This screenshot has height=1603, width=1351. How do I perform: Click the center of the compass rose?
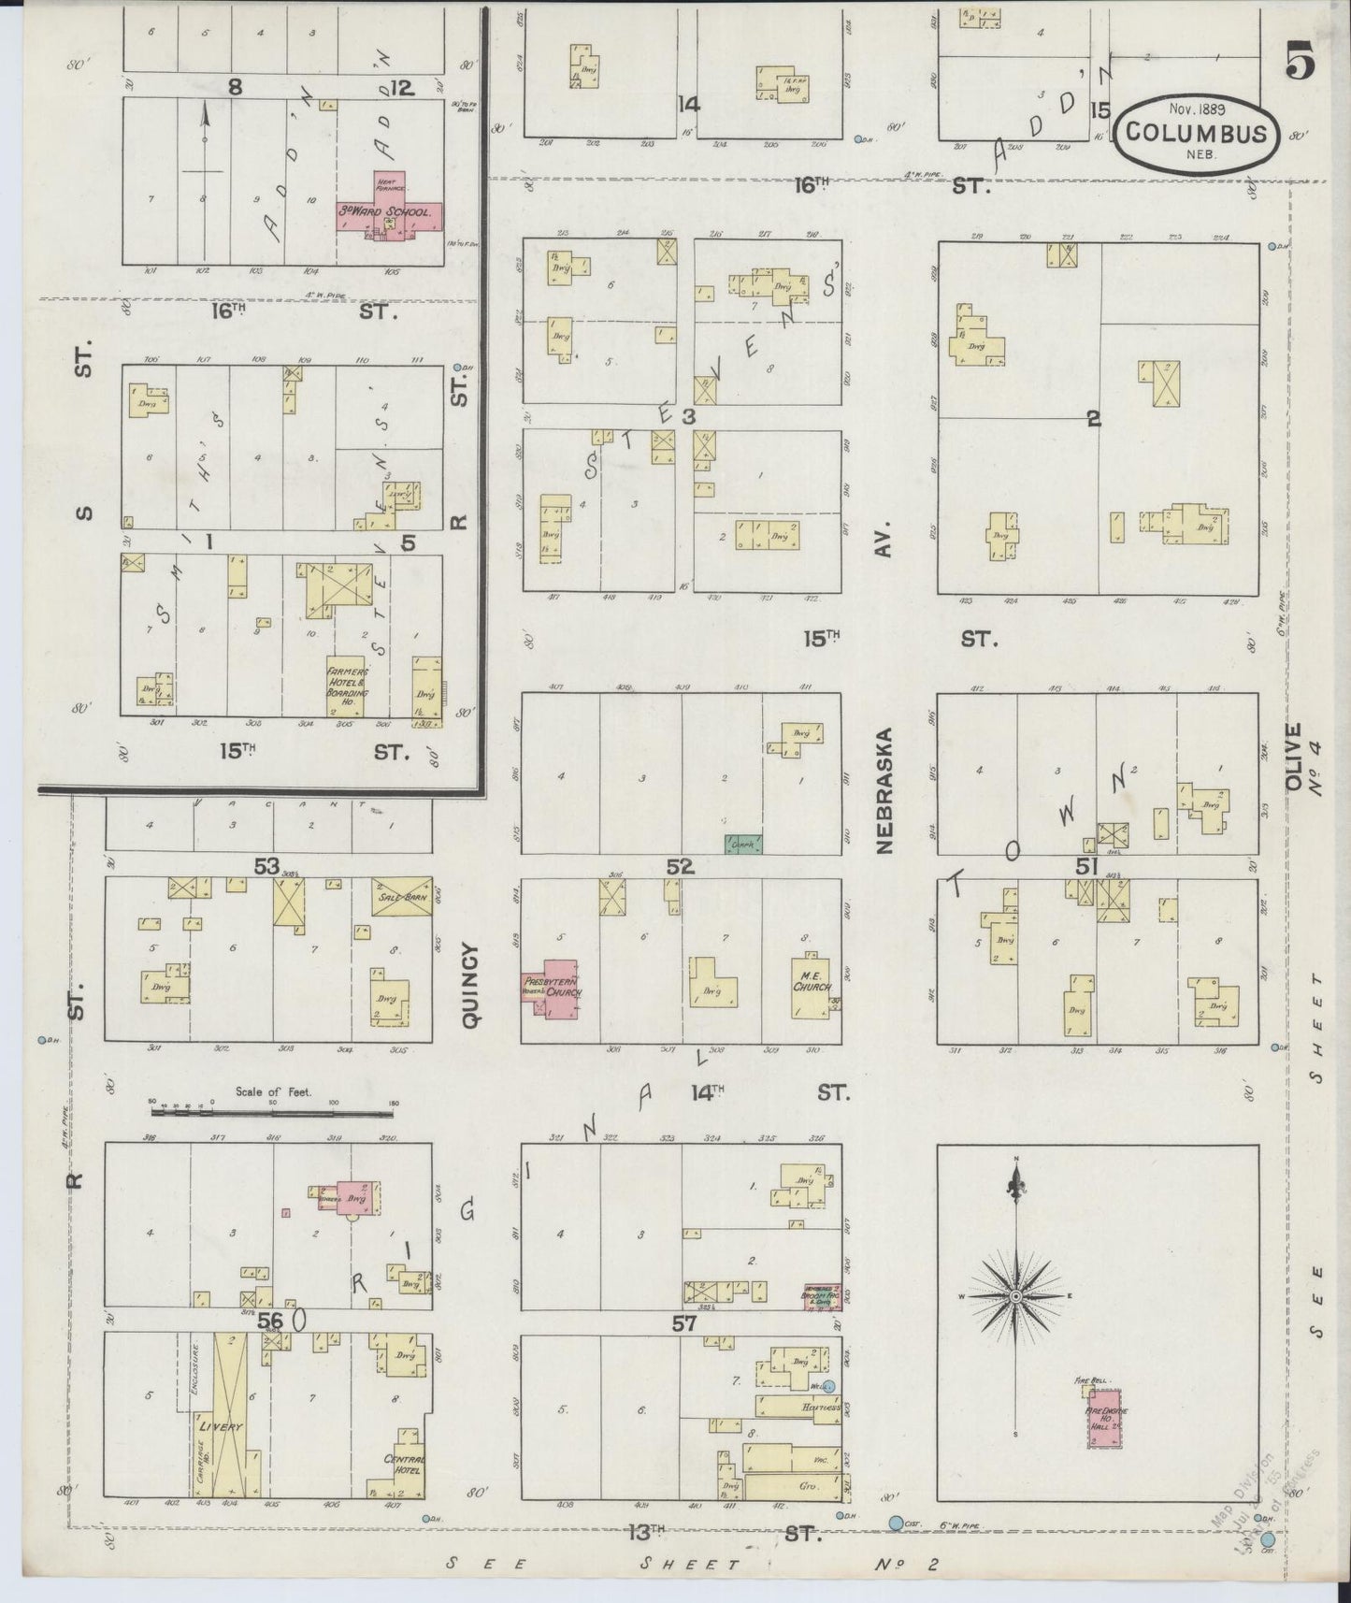(x=1015, y=1296)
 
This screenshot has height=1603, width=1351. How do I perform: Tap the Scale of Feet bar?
(x=272, y=1113)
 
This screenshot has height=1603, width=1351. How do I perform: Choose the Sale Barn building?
(x=401, y=895)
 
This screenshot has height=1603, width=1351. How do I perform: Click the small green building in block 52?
(x=743, y=844)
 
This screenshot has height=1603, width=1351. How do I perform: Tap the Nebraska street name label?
(x=884, y=790)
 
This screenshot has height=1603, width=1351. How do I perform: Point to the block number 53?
(x=266, y=866)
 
